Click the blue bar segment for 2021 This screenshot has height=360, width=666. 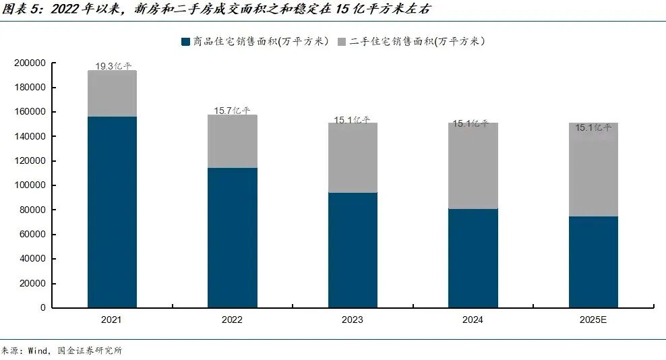tap(112, 212)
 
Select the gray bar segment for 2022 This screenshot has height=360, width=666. tap(232, 141)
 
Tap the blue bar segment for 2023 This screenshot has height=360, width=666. tap(353, 250)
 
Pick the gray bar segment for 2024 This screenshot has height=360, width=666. tap(473, 165)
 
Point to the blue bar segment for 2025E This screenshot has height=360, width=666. tap(593, 262)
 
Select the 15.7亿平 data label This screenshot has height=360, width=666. tap(233, 111)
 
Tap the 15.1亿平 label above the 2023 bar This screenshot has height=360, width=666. tap(352, 120)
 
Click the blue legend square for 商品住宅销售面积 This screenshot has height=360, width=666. tap(186, 42)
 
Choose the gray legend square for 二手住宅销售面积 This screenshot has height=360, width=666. tap(342, 42)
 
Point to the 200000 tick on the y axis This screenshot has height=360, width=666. tap(30, 63)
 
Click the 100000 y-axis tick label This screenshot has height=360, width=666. tap(30, 185)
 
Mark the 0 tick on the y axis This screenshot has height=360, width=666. tap(42, 307)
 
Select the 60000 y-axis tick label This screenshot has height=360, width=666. tap(32, 234)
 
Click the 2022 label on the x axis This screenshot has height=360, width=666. tap(232, 320)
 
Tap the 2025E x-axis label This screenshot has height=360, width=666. tap(593, 320)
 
